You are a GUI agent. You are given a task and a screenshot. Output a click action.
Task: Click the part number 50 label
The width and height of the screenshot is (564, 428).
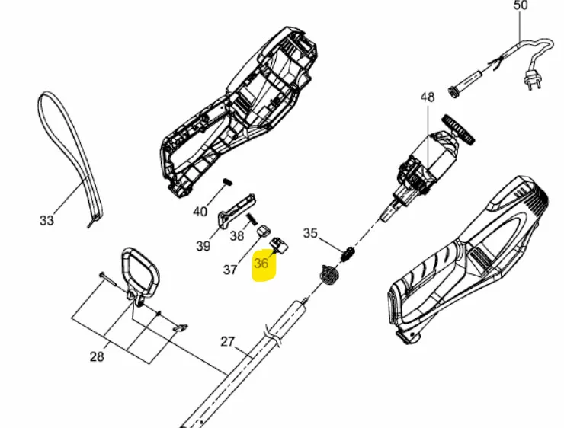coord(521,5)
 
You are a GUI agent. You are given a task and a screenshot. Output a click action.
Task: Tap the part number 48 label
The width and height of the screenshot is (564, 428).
coord(428,97)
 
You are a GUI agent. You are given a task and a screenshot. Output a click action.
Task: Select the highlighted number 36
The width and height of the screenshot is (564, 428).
coord(261,264)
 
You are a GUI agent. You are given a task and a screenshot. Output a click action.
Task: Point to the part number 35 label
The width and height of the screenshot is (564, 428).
coord(310,233)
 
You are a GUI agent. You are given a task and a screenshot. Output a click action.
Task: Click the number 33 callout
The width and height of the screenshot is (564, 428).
coord(46,220)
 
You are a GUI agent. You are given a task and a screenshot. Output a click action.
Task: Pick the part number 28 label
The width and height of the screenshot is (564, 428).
coord(97,357)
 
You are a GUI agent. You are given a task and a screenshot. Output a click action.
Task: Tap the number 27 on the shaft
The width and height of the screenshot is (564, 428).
coord(227,342)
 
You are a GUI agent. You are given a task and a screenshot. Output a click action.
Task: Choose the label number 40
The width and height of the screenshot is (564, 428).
coord(200,212)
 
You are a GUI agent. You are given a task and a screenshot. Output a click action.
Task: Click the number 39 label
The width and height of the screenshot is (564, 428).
coord(203,246)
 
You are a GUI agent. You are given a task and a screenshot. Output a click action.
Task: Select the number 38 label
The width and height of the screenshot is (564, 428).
coord(237,236)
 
